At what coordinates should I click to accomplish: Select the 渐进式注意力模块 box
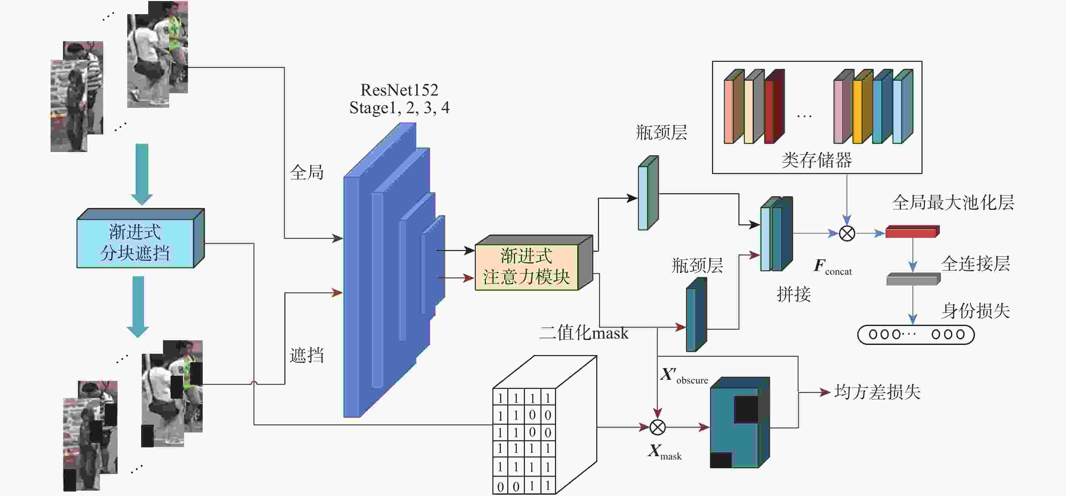tap(526, 267)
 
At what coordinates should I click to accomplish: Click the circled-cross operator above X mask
tap(657, 427)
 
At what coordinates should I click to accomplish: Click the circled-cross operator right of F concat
tap(847, 233)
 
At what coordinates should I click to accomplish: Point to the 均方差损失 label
tap(877, 392)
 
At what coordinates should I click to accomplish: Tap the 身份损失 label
tap(975, 311)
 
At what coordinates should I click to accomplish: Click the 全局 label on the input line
tap(306, 172)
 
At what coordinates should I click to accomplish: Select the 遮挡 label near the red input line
tap(306, 355)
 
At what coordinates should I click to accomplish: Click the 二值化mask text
tap(583, 333)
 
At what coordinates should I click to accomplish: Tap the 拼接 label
tap(793, 295)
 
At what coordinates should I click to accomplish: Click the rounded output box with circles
tap(915, 334)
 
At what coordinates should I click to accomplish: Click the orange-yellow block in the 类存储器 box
tap(857, 111)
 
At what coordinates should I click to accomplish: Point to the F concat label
tap(832, 267)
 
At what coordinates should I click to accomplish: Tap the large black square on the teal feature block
tap(746, 409)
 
